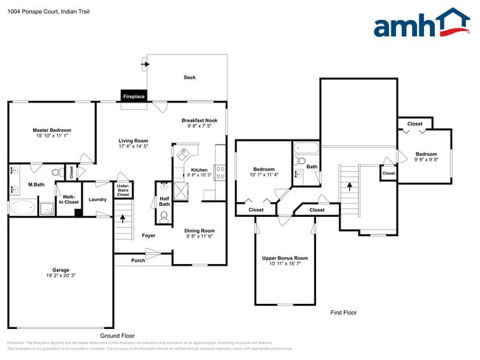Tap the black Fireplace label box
pos(134,97)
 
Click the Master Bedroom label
pos(51,131)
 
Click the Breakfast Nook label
pos(199,120)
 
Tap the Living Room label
pos(134,141)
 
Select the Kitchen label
pos(199,170)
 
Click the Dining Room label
pos(199,230)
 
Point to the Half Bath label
pos(164,201)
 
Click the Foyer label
pos(148,235)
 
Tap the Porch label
pos(138,260)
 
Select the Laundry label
pos(97,199)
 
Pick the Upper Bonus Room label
pos(284,258)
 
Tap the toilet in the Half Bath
pos(163,216)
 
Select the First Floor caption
pos(343,313)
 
